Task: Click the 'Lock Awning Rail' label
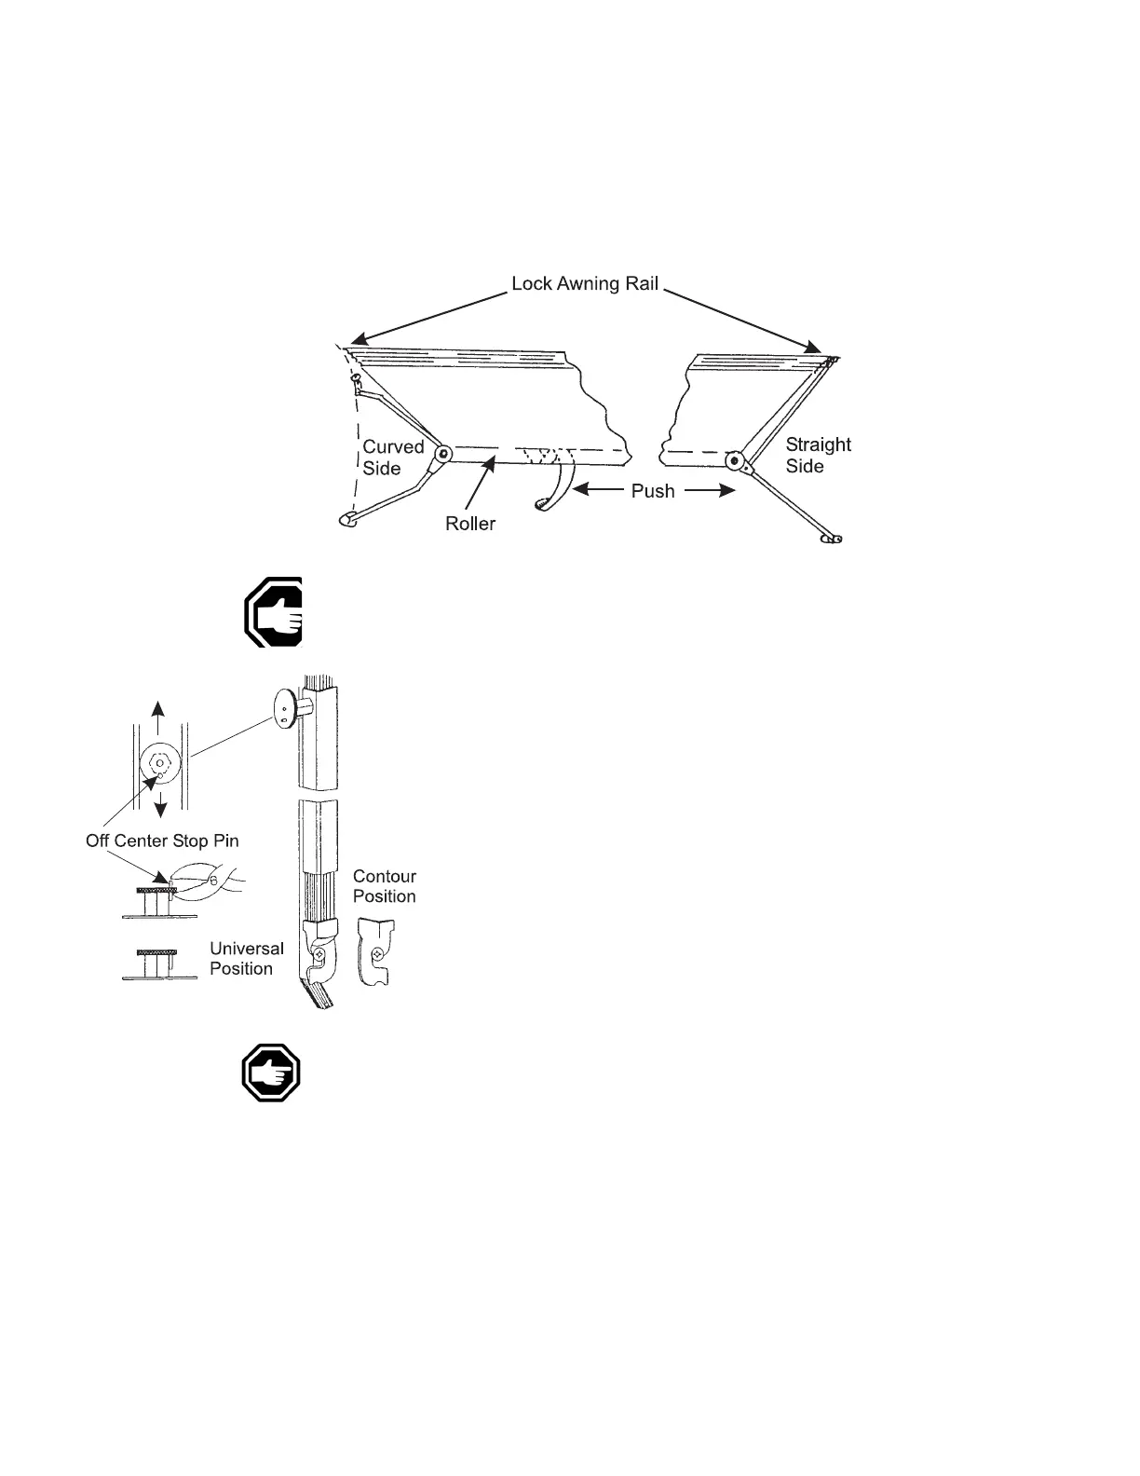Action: pos(585,283)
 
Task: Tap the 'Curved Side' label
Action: pos(392,458)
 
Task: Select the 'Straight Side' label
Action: pos(818,456)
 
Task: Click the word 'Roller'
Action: pos(470,524)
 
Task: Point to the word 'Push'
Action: pos(653,490)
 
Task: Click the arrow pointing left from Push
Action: pos(597,487)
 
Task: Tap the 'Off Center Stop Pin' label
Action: pos(162,840)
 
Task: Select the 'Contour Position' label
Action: pos(384,886)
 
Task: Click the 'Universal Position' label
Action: pos(246,958)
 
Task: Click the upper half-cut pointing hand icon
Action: pos(274,611)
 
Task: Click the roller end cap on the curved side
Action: pos(444,455)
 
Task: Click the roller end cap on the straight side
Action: pos(735,460)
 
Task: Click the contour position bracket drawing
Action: pos(376,952)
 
